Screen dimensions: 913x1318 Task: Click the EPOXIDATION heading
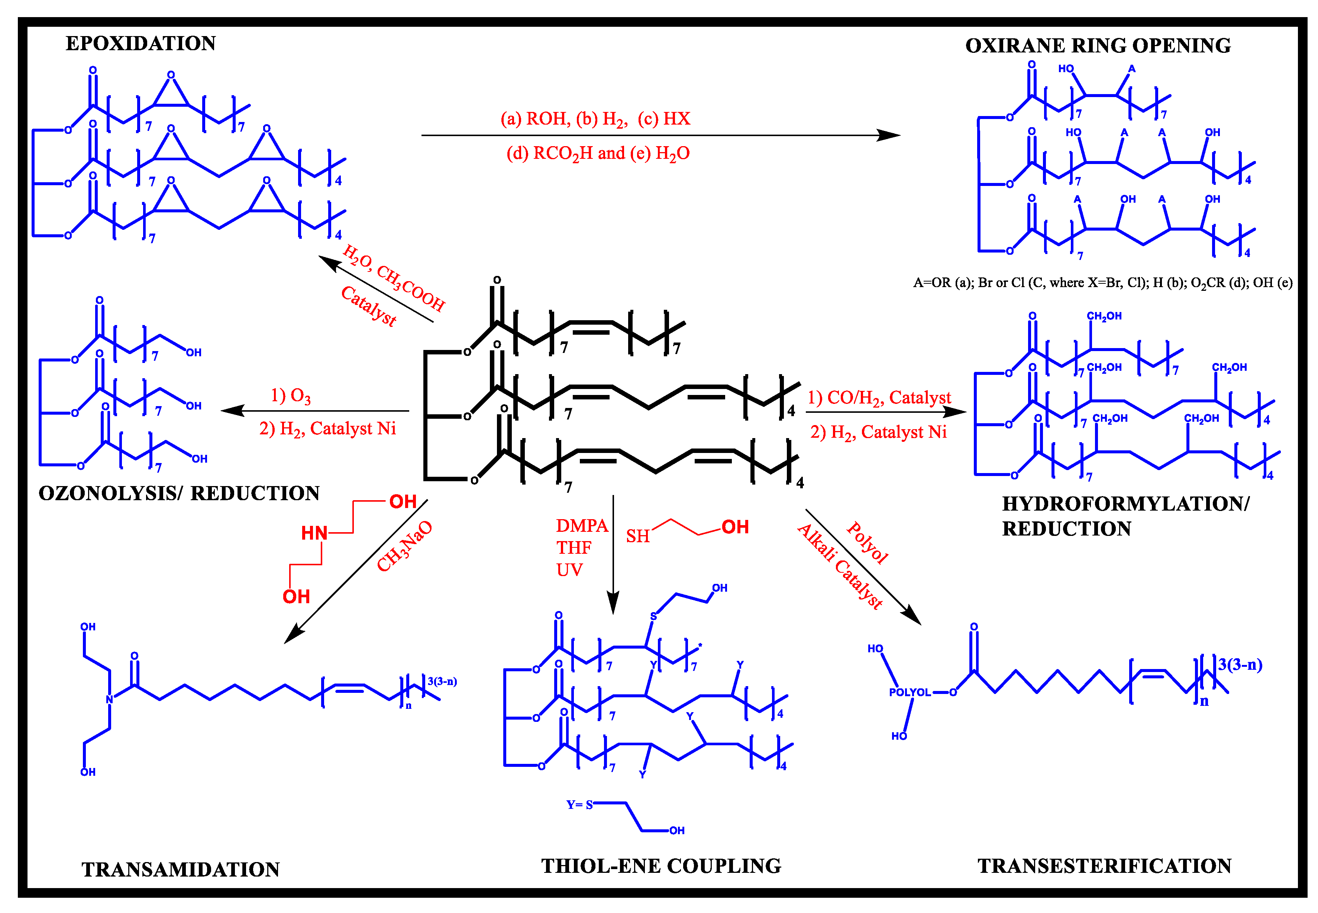tap(140, 44)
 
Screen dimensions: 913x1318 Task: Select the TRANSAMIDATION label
tap(181, 869)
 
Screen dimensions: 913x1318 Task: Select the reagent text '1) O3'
tap(291, 395)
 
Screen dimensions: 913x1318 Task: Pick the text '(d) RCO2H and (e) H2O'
tap(598, 153)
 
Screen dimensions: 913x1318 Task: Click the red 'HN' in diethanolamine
tap(314, 533)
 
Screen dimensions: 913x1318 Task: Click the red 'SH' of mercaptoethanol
tap(637, 536)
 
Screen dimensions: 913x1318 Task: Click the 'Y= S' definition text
tap(579, 805)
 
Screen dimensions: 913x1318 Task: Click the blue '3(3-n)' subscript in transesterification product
tap(1240, 665)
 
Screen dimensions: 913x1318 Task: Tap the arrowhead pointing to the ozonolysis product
tap(230, 411)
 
